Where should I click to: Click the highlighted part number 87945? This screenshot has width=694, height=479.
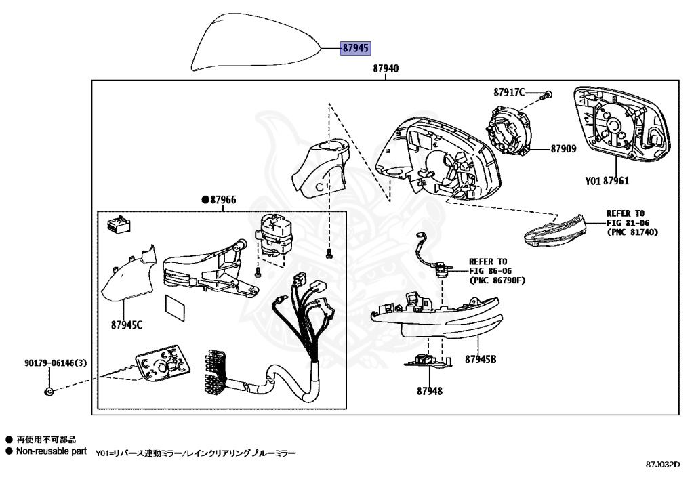(x=355, y=48)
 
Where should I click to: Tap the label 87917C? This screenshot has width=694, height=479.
(x=509, y=92)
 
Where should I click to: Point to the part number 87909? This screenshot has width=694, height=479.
(x=563, y=148)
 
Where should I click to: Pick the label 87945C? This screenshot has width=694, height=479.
(x=127, y=325)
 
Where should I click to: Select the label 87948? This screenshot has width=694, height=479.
(x=430, y=391)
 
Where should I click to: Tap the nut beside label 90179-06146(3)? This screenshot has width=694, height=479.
(x=49, y=392)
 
